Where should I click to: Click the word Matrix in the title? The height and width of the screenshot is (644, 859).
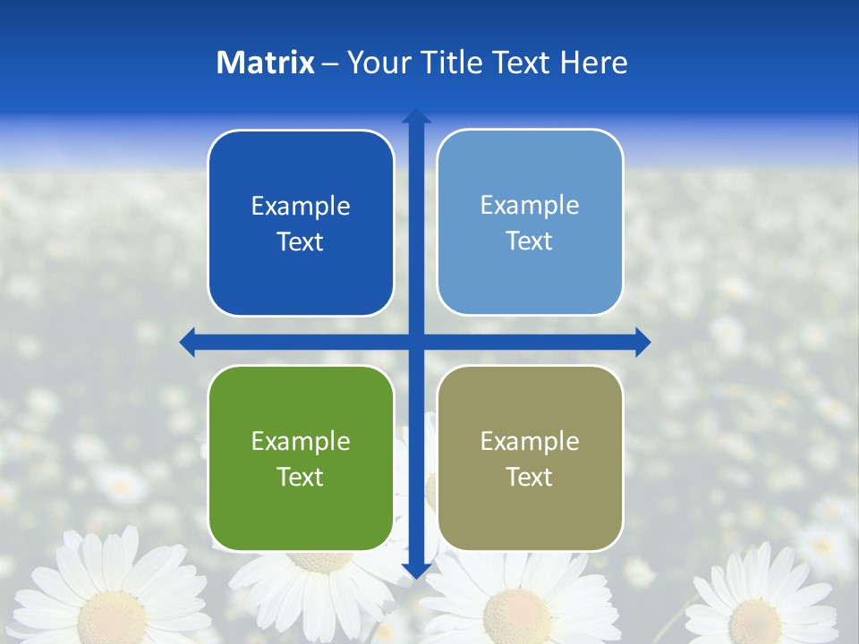click(265, 63)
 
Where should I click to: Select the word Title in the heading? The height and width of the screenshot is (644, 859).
click(452, 63)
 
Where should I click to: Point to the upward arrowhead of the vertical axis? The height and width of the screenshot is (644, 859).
click(416, 115)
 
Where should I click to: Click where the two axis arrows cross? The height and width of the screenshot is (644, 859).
click(416, 342)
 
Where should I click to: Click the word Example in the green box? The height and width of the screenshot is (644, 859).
click(301, 441)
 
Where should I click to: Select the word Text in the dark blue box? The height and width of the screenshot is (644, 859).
click(301, 241)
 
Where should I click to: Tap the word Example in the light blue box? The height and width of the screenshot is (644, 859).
click(530, 205)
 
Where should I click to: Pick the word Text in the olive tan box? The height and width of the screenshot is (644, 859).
click(530, 477)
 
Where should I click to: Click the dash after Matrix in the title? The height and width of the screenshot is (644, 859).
click(330, 64)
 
